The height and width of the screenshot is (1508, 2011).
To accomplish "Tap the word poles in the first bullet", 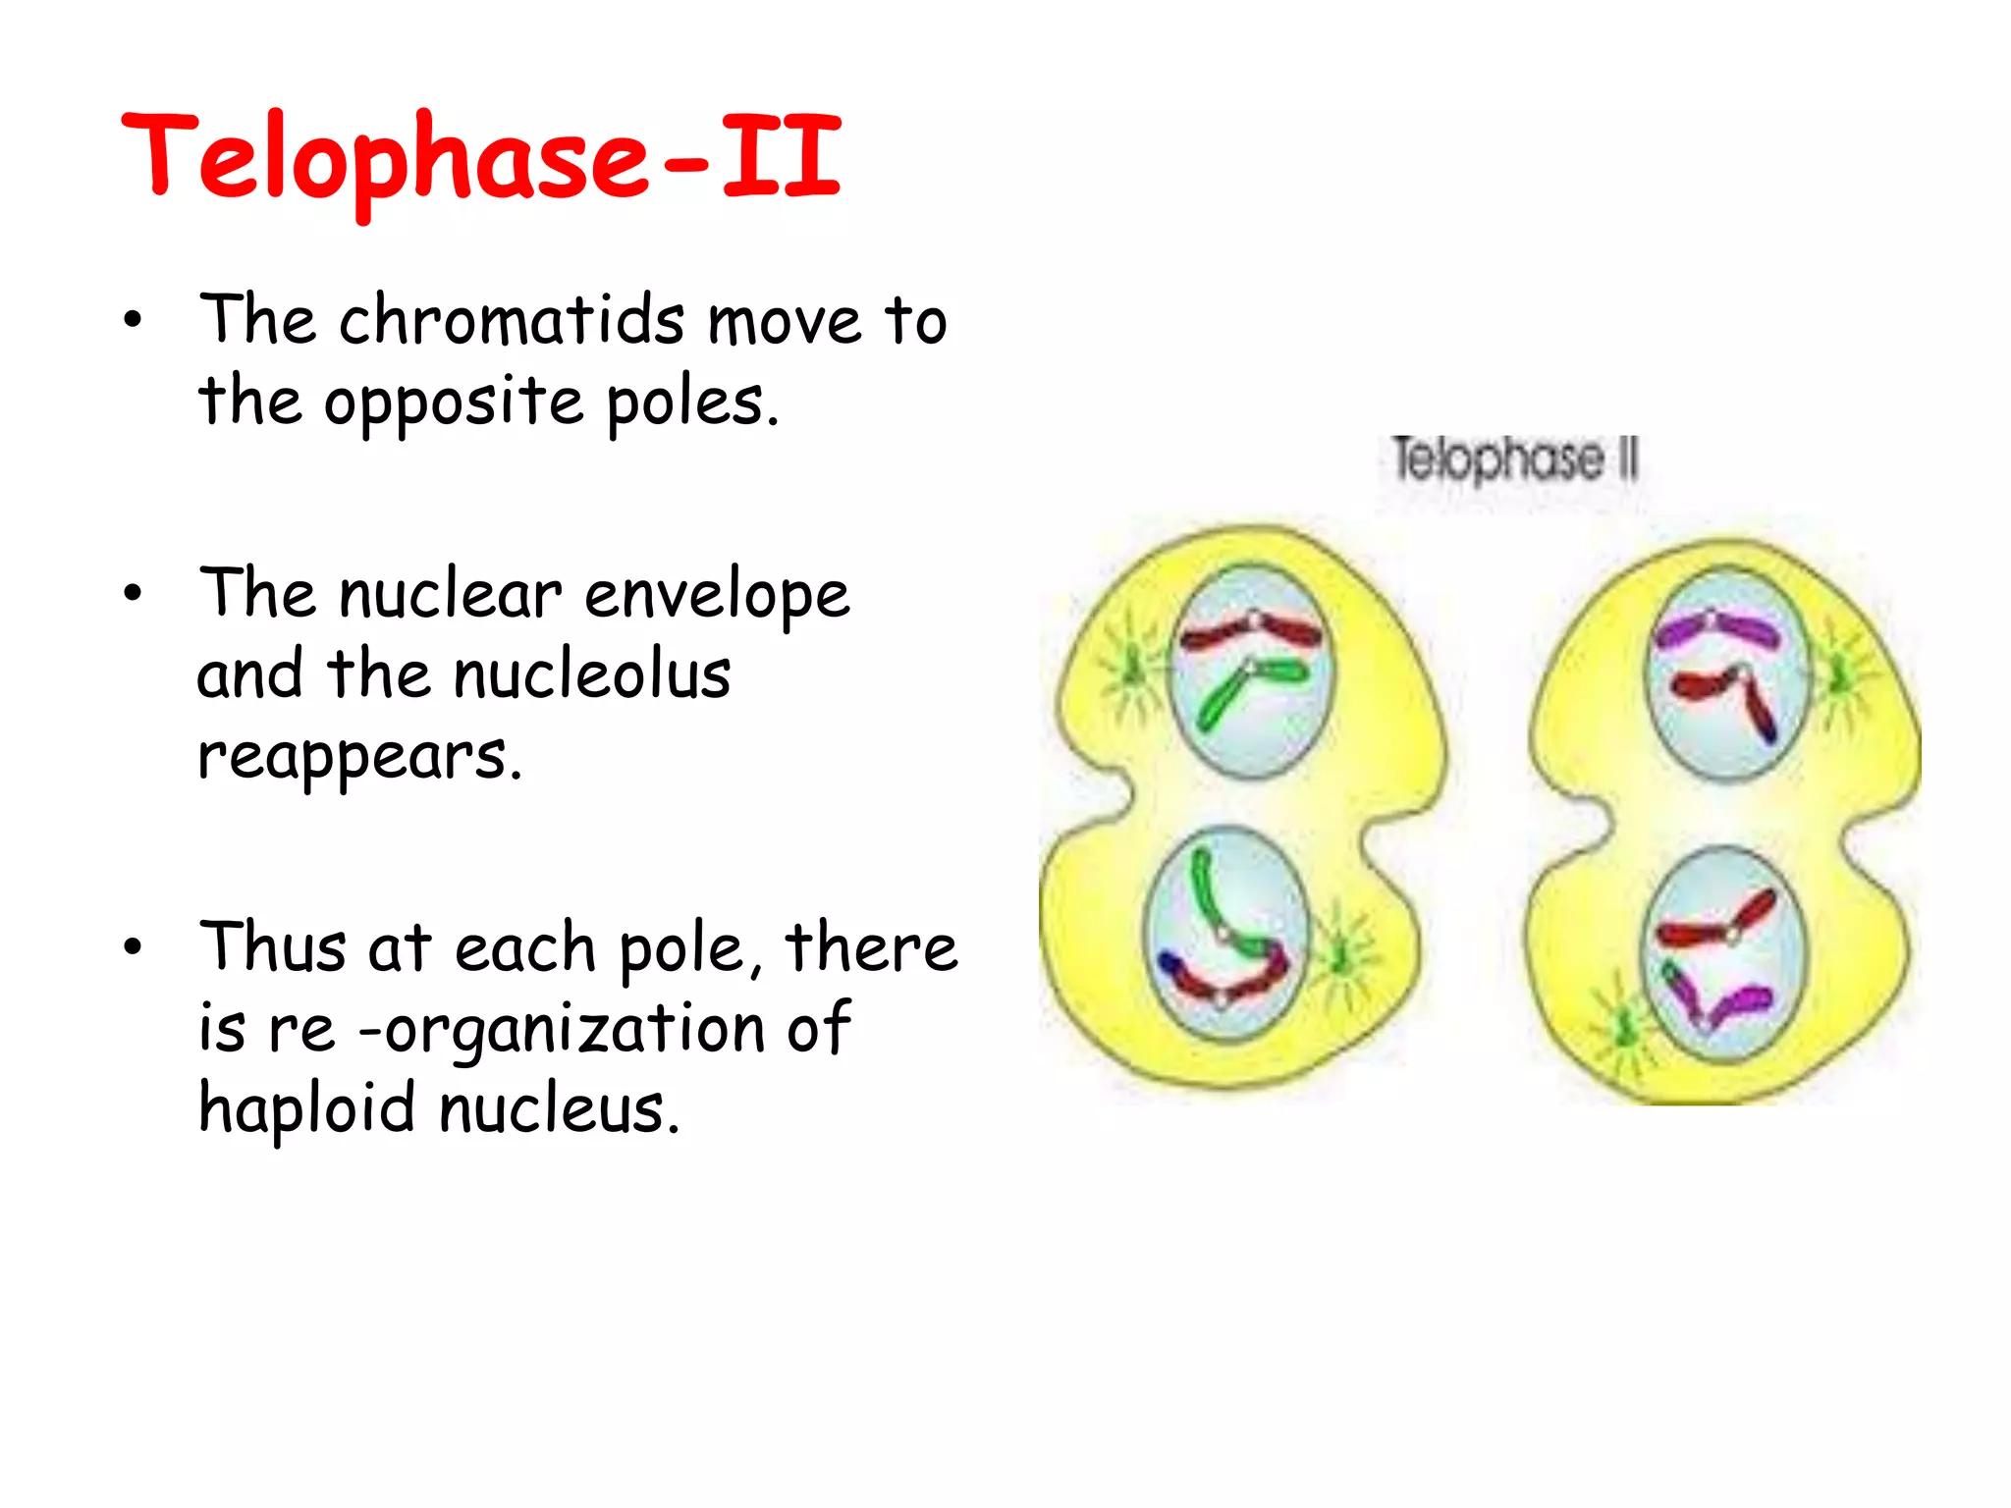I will click(691, 403).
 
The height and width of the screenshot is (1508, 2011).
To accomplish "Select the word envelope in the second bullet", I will click(717, 596).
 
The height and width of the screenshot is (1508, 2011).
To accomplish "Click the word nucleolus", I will click(592, 675).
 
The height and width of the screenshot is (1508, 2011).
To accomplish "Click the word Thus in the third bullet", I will click(272, 948).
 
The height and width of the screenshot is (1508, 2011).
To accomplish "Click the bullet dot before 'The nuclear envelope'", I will click(134, 593).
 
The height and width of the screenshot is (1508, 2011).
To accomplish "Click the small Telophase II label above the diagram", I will click(1515, 459).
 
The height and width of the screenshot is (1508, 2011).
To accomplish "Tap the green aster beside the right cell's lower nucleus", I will click(1625, 1027).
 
